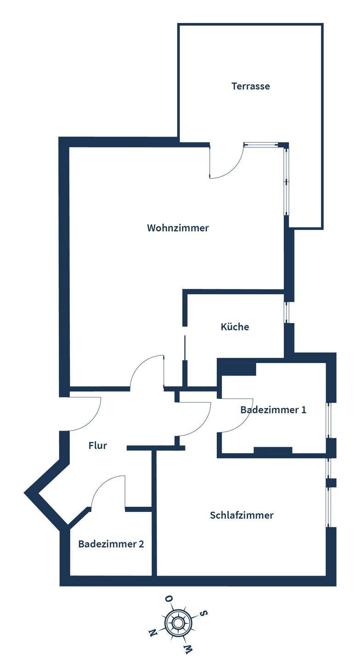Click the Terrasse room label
coord(250,86)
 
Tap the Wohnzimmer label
coord(178,228)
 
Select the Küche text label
coord(235,327)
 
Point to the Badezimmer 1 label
coord(273,410)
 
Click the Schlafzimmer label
coord(242,515)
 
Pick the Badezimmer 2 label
coord(111,544)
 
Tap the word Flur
coord(97,445)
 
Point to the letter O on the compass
coord(169,599)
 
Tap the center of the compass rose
coord(178,623)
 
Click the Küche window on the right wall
coord(287,313)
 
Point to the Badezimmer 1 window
coord(329,420)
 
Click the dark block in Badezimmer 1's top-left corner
coord(238,369)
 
